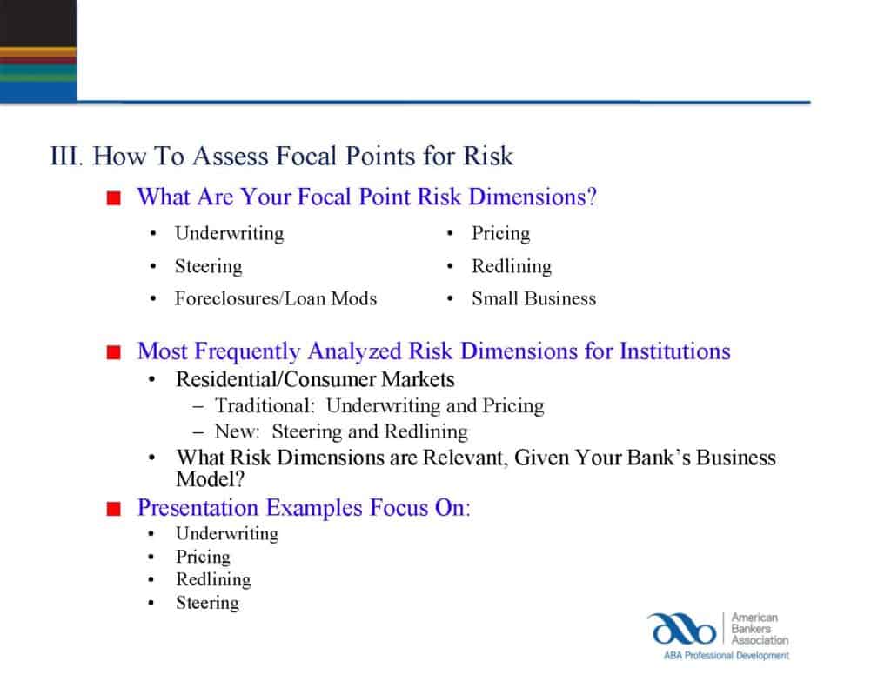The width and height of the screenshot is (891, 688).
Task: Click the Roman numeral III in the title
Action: coord(65,157)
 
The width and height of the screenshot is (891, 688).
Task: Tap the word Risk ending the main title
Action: coord(488,157)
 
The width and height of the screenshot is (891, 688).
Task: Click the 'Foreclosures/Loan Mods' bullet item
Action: coord(276,298)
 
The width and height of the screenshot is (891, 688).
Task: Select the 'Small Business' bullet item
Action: coord(533,298)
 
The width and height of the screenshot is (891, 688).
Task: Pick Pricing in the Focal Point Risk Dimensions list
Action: coord(500,233)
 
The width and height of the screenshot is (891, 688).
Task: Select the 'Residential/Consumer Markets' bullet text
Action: coord(315,380)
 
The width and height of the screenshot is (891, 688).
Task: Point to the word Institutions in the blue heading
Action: coord(674,351)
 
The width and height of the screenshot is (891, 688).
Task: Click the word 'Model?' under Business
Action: coord(211,478)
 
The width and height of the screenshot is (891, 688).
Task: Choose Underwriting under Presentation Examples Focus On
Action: coord(227,534)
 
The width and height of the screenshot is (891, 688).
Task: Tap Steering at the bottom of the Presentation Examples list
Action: coord(207,603)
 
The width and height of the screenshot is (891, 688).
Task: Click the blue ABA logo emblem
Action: coord(680,629)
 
